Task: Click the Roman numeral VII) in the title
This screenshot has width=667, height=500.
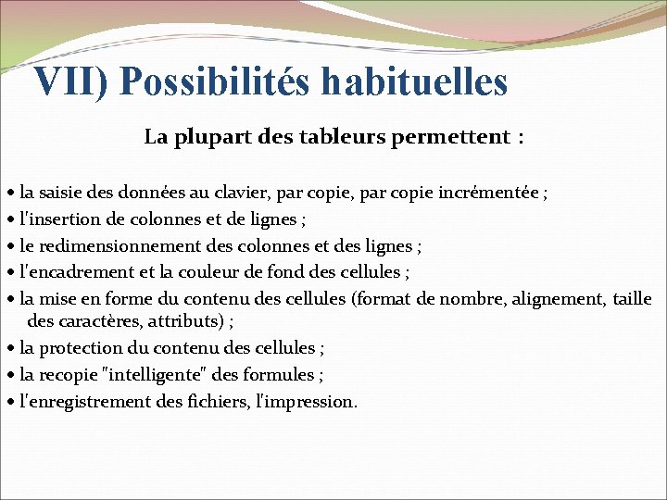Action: coord(70,81)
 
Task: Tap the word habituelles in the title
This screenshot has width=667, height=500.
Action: coord(415,81)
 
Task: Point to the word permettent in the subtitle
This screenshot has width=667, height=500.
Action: coord(450,138)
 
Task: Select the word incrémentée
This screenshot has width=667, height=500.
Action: coord(491,194)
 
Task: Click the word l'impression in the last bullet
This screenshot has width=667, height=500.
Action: coord(306,401)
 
